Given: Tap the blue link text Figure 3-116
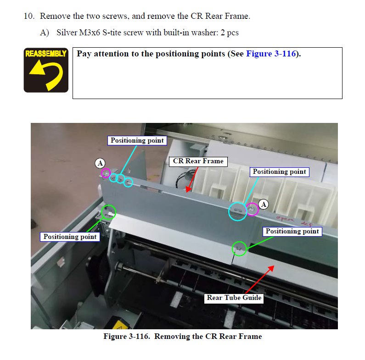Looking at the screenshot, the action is coord(271,54).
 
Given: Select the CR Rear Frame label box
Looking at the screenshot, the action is coord(198,161).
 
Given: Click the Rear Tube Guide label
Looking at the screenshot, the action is coord(234,298).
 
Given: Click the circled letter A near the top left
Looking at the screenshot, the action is coord(100,163).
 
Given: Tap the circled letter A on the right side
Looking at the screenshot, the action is coord(264,205).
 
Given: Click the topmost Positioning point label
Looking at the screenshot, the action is coord(137,141).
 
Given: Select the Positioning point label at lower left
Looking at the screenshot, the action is coord(70,237).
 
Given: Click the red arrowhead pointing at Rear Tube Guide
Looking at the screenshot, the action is coord(271,269).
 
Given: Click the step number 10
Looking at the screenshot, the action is coord(29,16).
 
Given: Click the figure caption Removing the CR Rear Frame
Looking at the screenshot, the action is coord(208,337).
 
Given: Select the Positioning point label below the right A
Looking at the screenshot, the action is coord(292,232).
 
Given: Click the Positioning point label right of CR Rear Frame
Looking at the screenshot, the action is coord(279,172).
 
